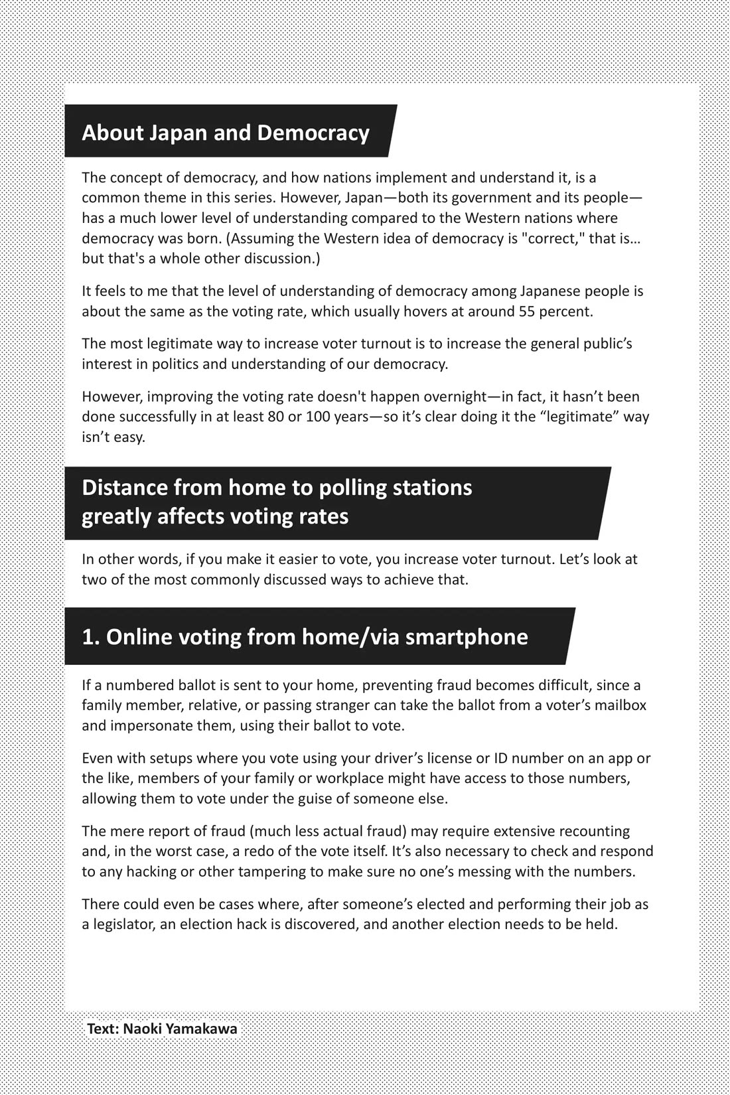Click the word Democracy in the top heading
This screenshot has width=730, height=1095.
(313, 133)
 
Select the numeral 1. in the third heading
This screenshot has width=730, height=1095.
(90, 637)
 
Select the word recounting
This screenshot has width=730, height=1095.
(595, 831)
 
